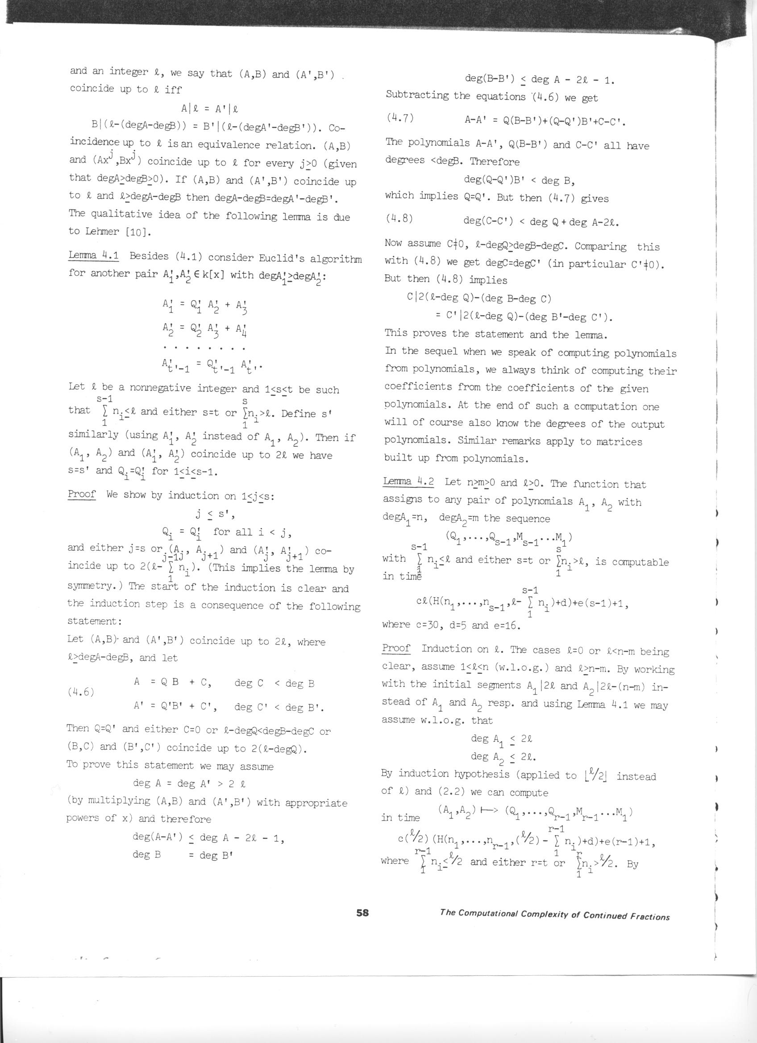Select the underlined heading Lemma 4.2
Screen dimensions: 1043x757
click(408, 482)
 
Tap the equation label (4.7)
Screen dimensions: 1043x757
click(400, 118)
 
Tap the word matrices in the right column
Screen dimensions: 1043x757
click(619, 441)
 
